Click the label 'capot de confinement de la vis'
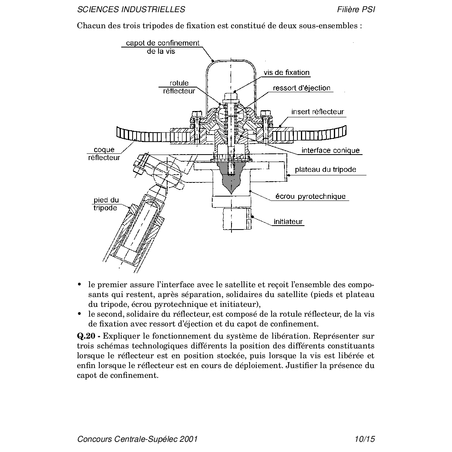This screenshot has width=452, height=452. pos(162,47)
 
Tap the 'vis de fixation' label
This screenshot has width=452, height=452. pos(286,73)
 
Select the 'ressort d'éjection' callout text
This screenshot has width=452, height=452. pos(302,88)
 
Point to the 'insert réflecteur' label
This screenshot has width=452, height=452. pos(317,112)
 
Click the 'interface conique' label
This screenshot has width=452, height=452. pos(330,150)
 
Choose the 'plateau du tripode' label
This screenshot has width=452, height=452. pos(326,169)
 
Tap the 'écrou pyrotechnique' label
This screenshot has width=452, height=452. pos(310,196)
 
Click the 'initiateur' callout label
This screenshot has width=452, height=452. pos(288,221)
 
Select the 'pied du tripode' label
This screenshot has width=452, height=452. pos(106,204)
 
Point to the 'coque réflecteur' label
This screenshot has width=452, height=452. pos(104,153)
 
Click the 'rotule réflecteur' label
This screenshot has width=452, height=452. pos(179,87)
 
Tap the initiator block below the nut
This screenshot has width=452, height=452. pos(237,218)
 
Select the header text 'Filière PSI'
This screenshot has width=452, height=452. pos(356,9)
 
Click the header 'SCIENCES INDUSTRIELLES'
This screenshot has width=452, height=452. pos(131,9)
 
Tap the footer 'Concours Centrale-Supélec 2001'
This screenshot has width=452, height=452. pos(137,439)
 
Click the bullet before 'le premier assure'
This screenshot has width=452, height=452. pos(80,284)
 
